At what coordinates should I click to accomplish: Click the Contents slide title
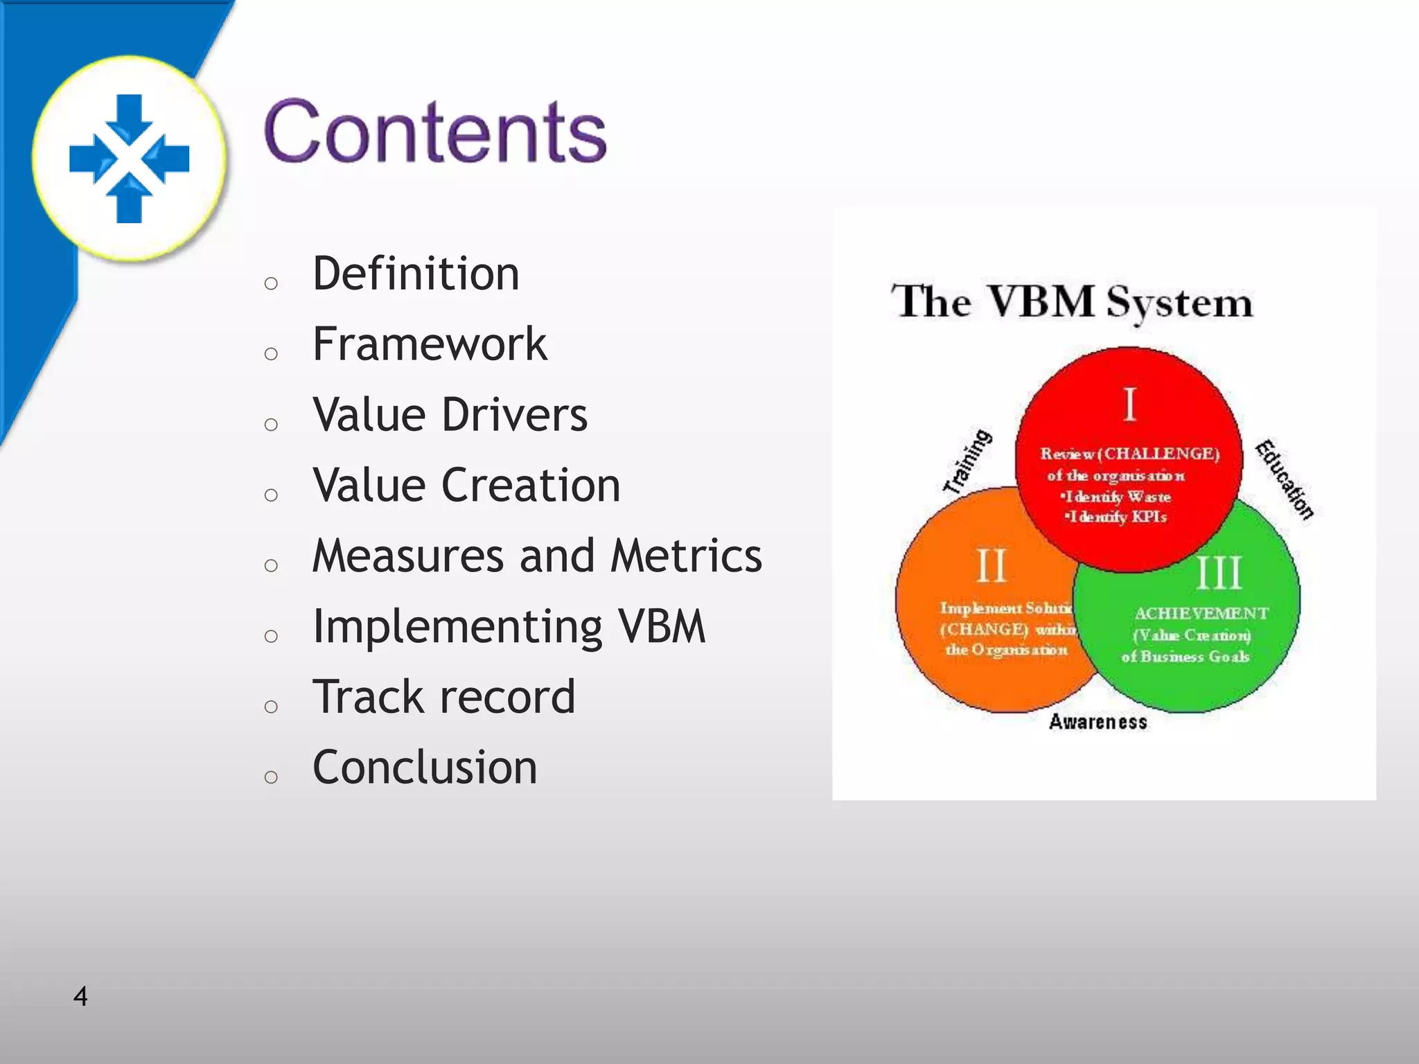pos(435,132)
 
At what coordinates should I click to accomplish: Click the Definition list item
pos(416,274)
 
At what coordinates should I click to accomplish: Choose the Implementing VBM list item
pos(509,627)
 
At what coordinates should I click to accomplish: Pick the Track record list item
pos(443,697)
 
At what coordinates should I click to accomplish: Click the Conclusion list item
pos(425,768)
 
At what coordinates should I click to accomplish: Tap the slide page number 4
pos(80,996)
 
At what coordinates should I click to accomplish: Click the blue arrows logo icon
pos(130,159)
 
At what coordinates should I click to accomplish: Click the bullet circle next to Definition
pos(271,283)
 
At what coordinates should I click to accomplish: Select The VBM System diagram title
pos(1072,302)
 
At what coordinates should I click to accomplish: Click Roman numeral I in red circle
pos(1129,405)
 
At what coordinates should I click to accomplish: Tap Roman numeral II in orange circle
pos(991,566)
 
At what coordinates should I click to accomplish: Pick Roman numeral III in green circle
pos(1219,573)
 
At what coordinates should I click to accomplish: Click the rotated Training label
pos(968,461)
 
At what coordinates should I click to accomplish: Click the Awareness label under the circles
pos(1098,722)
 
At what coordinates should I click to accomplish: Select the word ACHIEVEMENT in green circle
pos(1201,614)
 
